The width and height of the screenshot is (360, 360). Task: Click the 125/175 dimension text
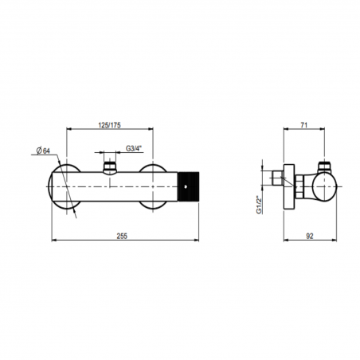pyautogui.click(x=112, y=125)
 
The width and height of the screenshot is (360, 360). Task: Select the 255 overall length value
pyautogui.click(x=121, y=236)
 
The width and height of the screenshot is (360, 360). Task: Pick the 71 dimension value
pyautogui.click(x=305, y=125)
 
